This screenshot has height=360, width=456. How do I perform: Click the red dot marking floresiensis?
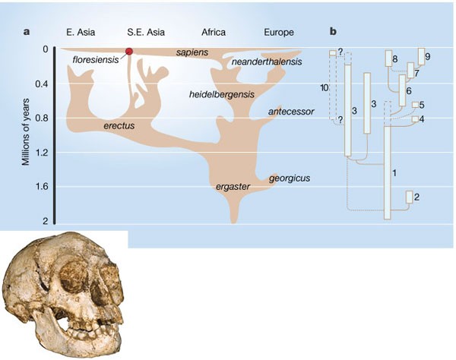pos(129,51)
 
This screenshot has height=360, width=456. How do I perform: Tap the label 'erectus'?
pos(120,124)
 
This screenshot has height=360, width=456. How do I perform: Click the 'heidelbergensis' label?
pos(222,94)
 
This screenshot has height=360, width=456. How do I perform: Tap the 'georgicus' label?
pos(289,178)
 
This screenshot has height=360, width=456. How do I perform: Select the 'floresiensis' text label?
pos(97,59)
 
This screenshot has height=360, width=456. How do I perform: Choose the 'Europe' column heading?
pos(278,32)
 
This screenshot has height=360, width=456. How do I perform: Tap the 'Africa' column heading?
pos(214,32)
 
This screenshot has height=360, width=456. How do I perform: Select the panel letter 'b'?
pos(334,32)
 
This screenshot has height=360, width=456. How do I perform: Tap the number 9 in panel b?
pos(428,57)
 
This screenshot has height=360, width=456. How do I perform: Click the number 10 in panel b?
pos(325,90)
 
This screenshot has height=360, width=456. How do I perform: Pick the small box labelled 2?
pos(410,197)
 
